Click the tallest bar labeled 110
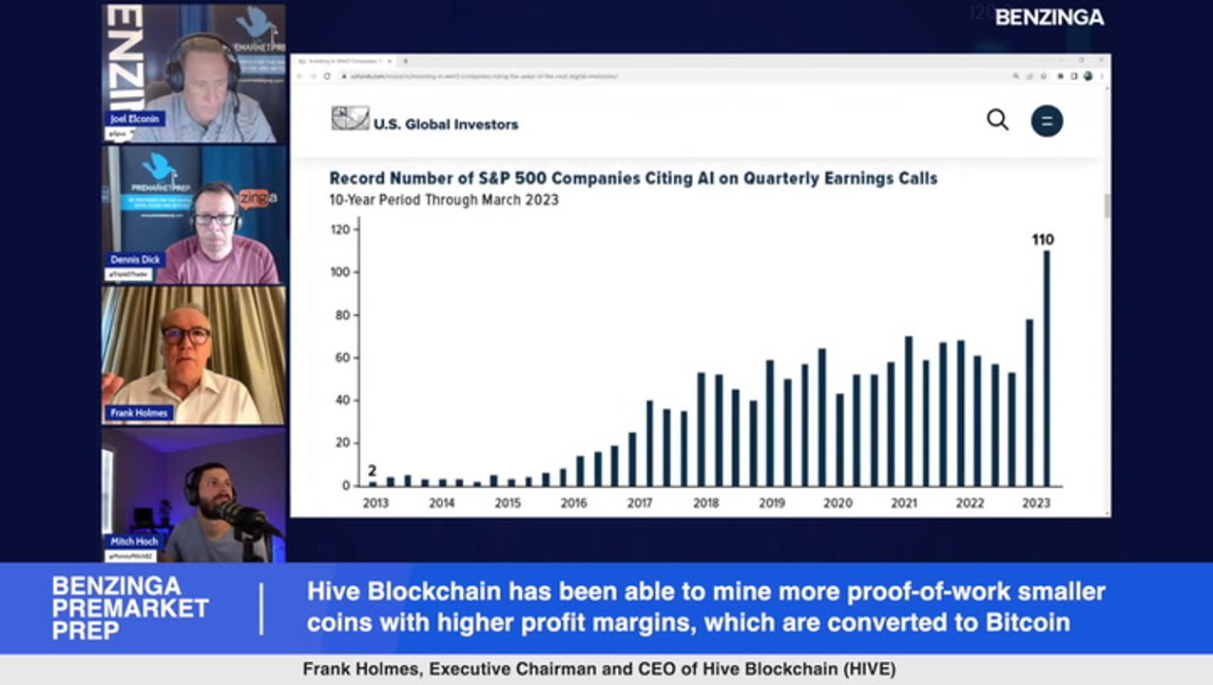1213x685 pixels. (1047, 367)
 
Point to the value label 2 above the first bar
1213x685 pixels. (372, 470)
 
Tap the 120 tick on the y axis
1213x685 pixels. (340, 229)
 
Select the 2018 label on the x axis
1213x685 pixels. (705, 502)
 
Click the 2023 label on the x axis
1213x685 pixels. (1036, 502)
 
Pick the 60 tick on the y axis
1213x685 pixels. (343, 358)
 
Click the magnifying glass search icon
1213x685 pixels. (997, 120)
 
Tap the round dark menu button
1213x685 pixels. (1047, 121)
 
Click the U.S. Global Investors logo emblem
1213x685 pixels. (350, 118)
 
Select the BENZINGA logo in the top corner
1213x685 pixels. (1049, 17)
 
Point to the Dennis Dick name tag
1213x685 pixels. (135, 260)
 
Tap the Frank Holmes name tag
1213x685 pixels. (139, 413)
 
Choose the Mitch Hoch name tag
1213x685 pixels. (135, 541)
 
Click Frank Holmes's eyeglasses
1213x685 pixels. (186, 335)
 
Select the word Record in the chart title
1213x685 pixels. (357, 178)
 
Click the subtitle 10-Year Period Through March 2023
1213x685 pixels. (444, 200)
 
